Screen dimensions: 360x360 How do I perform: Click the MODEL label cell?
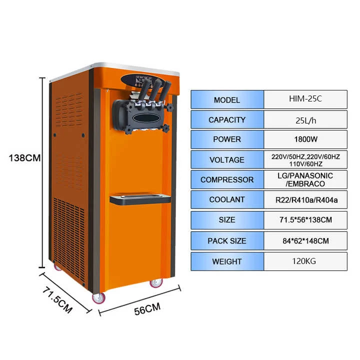226,99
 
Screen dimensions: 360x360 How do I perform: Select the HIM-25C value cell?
305,99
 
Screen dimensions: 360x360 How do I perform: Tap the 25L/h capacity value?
305,119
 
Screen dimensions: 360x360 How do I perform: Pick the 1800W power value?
305,139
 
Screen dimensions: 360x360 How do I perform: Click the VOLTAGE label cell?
226,159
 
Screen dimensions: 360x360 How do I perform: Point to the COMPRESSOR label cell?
226,179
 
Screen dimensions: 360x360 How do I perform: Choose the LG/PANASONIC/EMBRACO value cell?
305,179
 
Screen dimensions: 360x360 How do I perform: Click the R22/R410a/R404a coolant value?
305,199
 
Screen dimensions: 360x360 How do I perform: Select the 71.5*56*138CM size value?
305,219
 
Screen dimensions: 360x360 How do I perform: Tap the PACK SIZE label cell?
226,240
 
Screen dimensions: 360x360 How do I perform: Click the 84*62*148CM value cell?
305,240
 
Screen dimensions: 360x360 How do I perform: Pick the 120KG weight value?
305,261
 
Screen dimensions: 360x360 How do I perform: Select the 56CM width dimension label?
147,309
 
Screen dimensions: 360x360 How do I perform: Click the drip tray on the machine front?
140,198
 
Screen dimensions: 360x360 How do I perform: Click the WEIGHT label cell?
226,261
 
